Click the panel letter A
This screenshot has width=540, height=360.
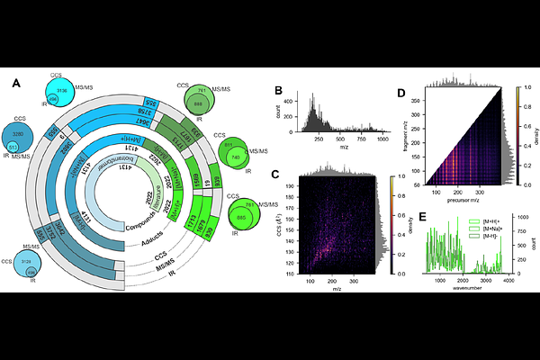(x=16, y=83)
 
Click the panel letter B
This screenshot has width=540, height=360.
(x=279, y=92)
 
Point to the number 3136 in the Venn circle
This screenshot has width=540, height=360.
(x=61, y=91)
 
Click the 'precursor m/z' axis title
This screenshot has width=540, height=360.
(x=463, y=200)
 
